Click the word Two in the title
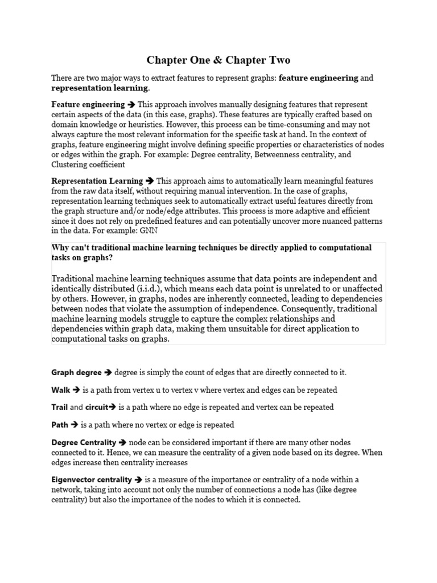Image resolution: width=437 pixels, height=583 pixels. point(277,60)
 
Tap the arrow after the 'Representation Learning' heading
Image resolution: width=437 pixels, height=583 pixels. point(150,181)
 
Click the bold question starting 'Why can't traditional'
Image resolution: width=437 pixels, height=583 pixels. point(211,252)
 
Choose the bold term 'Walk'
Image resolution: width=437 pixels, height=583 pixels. point(61,390)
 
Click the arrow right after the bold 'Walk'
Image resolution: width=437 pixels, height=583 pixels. point(76,390)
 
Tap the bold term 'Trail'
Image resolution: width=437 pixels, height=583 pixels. point(60,407)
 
